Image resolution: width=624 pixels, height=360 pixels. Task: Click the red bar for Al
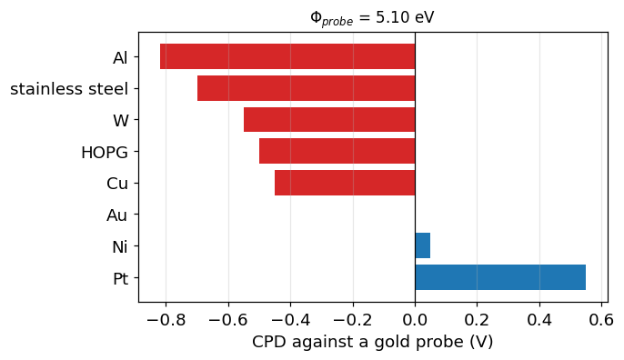[x=287, y=56]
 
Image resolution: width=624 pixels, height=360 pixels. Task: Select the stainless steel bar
[x=306, y=88]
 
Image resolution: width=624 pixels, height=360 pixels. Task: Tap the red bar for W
[x=329, y=119]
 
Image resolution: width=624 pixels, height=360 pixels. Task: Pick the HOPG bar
[x=337, y=151]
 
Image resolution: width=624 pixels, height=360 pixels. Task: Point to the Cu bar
[x=345, y=183]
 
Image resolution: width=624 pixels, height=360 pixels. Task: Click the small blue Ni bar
[x=423, y=245]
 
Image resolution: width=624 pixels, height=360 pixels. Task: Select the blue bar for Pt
[x=500, y=277]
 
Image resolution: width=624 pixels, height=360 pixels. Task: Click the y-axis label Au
[x=117, y=215]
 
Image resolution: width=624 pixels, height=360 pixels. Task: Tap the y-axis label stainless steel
[x=69, y=89]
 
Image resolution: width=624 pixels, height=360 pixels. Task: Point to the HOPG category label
[x=105, y=153]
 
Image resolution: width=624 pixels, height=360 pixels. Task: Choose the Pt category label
[x=121, y=278]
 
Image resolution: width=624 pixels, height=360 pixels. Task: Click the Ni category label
[x=120, y=246]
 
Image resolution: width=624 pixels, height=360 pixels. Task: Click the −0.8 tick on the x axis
[x=166, y=319]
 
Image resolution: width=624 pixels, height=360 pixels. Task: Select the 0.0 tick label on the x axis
[x=415, y=319]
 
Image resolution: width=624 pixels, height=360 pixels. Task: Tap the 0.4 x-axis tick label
[x=539, y=319]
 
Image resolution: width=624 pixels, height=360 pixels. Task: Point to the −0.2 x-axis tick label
[x=353, y=319]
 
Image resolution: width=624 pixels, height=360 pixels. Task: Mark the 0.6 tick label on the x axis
[x=602, y=319]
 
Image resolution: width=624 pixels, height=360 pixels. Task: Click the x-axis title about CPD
[x=373, y=342]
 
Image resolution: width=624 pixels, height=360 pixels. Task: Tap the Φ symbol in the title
[x=316, y=17]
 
